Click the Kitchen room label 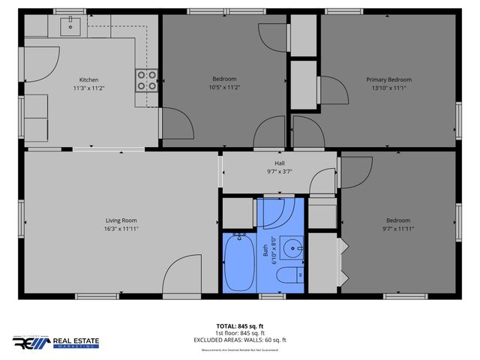click(x=89, y=79)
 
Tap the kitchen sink click(x=71, y=26)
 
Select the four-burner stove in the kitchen click(x=147, y=80)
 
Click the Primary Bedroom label click(x=388, y=79)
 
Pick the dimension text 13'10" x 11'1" click(x=388, y=88)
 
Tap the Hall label click(x=280, y=163)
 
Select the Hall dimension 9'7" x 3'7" click(x=280, y=171)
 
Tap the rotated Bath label click(x=265, y=252)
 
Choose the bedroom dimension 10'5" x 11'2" click(x=224, y=88)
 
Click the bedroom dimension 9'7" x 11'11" click(x=398, y=229)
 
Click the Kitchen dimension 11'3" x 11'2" click(x=89, y=88)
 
